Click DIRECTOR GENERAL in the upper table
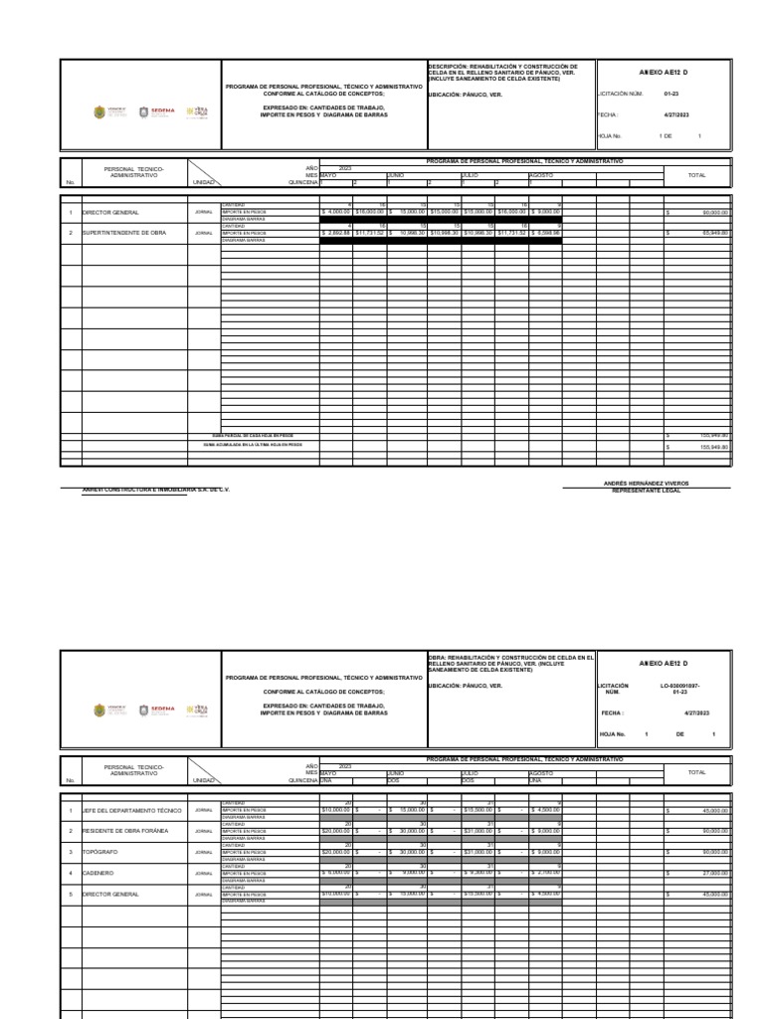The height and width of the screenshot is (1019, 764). tap(110, 212)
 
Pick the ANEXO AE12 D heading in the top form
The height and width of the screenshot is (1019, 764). tap(663, 73)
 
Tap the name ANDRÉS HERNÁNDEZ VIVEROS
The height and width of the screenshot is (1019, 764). tap(646, 483)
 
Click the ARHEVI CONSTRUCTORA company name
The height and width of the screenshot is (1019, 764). tap(155, 491)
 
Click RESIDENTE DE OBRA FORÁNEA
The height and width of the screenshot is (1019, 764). tap(125, 830)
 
